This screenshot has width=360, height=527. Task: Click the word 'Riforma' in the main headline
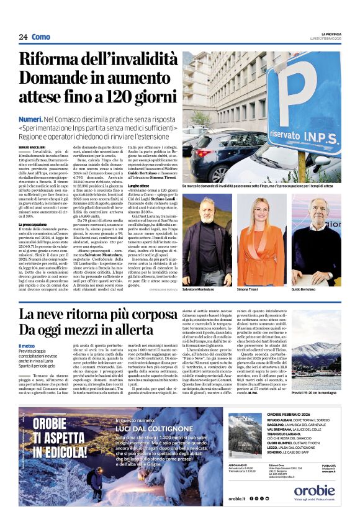(x=55, y=60)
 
